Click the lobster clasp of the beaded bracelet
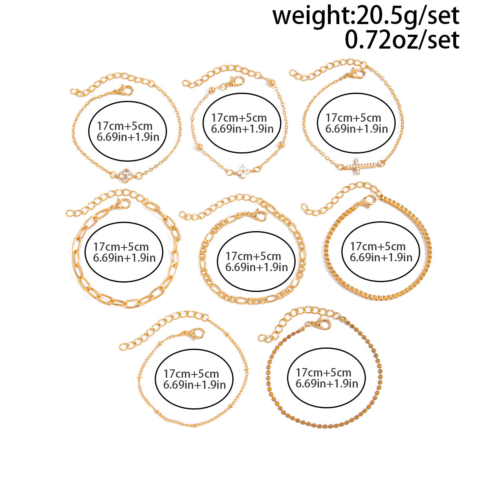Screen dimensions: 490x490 click(x=236, y=81)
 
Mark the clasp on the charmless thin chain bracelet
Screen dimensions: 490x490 click(x=195, y=334)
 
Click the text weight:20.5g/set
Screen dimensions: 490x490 click(x=366, y=16)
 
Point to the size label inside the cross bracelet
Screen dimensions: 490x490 click(x=356, y=123)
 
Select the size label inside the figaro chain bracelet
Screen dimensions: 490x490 click(x=256, y=261)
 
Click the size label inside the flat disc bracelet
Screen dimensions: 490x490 click(x=327, y=378)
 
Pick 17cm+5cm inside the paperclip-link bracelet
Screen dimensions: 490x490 click(x=121, y=247)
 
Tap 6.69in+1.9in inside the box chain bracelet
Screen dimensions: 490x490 click(x=381, y=257)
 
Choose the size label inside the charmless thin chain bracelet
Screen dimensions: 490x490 click(x=194, y=379)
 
